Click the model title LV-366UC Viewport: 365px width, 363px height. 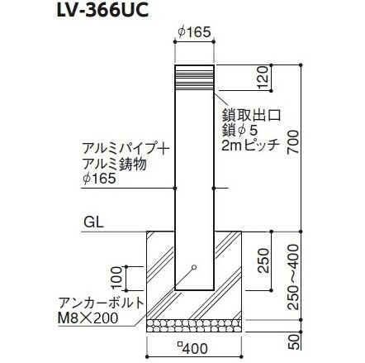(102, 10)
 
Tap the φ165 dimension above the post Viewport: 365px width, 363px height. (194, 32)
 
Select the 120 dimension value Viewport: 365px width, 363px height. (263, 78)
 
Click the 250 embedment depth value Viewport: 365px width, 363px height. (263, 260)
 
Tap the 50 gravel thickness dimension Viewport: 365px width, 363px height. (295, 342)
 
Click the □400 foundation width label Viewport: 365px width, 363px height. (192, 349)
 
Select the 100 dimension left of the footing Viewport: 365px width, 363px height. (117, 278)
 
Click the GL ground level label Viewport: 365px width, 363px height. (93, 222)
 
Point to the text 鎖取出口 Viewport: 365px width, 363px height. (251, 116)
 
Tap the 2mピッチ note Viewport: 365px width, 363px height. (250, 146)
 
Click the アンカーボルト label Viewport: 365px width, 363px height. (102, 303)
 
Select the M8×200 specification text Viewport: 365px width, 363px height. (88, 318)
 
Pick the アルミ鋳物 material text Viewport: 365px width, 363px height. (115, 165)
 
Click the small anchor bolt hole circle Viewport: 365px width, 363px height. (194, 267)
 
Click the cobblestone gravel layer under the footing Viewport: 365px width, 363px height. (194, 326)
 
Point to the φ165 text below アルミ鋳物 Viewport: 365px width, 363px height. (99, 179)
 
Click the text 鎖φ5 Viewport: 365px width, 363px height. (240, 131)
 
